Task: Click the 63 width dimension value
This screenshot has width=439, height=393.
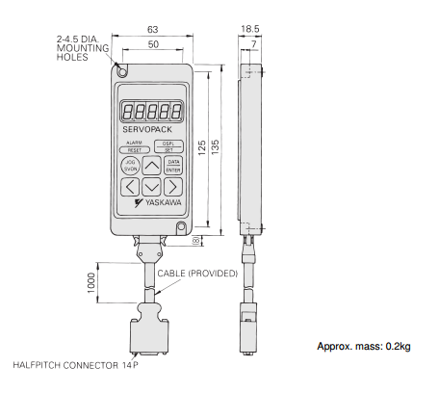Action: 153,30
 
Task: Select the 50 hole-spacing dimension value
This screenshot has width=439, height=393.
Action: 153,44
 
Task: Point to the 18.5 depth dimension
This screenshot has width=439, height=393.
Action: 250,29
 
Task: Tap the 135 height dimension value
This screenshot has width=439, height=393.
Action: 216,147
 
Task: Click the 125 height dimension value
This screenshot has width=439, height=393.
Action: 202,147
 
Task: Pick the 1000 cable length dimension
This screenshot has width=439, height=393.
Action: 91,283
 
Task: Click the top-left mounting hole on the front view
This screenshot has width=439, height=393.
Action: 122,72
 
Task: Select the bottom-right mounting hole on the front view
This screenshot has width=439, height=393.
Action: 181,227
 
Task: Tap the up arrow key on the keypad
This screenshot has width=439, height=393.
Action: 151,166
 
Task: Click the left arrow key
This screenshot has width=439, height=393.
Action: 130,187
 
